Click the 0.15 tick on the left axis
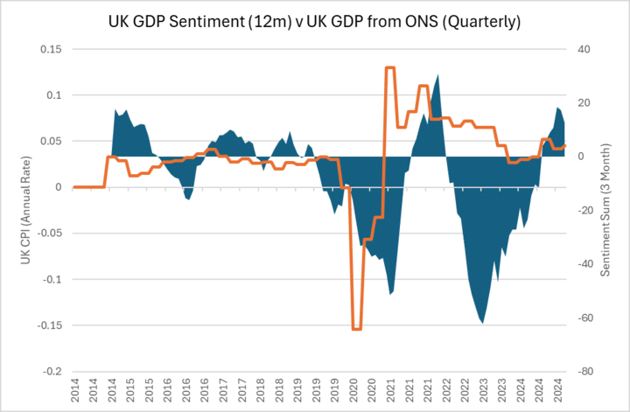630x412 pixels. [50, 49]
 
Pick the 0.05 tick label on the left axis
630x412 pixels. [50, 141]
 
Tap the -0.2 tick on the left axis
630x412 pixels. [52, 371]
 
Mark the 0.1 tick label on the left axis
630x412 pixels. [52, 94]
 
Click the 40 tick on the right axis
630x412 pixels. [581, 49]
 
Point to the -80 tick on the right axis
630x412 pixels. [583, 371]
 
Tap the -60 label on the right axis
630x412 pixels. [583, 318]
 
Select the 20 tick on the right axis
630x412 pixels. [581, 102]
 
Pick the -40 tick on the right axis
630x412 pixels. [583, 263]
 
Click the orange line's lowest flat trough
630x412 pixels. [356, 329]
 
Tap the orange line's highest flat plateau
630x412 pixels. [390, 67]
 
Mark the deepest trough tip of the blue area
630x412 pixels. [482, 323]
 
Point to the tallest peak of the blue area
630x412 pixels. [437, 75]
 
